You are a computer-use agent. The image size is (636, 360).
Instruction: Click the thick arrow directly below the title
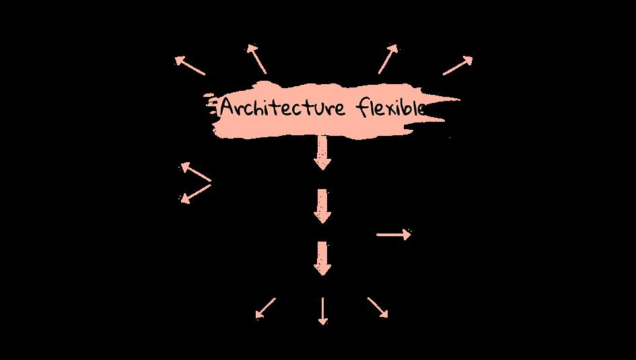click(322, 153)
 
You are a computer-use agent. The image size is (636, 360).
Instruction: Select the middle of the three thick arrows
click(322, 206)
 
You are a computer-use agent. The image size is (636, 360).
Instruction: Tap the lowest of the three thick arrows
click(322, 258)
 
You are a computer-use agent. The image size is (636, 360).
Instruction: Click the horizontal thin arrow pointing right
click(393, 234)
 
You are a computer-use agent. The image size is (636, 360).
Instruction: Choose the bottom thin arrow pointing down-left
click(265, 308)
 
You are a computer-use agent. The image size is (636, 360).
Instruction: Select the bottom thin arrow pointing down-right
click(378, 308)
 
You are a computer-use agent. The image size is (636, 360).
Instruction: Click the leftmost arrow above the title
click(190, 65)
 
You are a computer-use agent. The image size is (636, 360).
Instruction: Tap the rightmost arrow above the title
click(458, 65)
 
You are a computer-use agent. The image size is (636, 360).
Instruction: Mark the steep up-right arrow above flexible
click(388, 59)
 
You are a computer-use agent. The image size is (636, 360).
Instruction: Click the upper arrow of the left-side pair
click(195, 172)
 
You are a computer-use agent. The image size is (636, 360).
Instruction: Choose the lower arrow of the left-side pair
click(195, 193)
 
